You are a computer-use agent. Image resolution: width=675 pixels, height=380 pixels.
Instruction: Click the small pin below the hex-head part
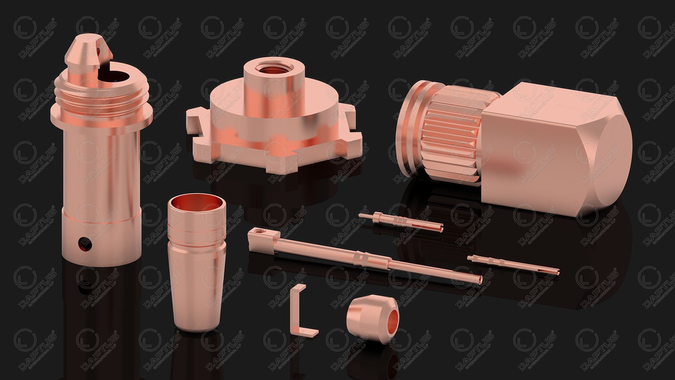click(513, 263)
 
